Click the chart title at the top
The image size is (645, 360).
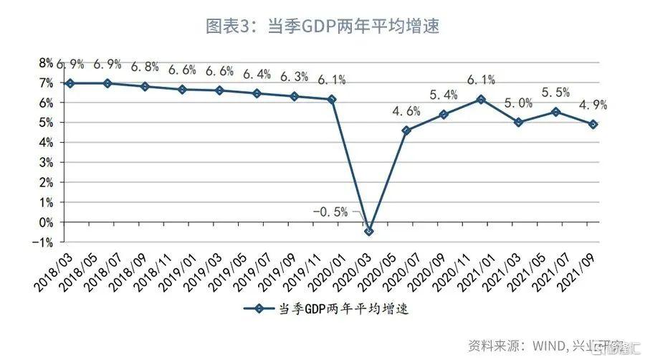tap(322, 27)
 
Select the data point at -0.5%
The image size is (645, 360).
tap(369, 231)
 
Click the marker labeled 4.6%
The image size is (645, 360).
tap(406, 131)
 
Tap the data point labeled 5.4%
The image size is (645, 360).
tap(444, 114)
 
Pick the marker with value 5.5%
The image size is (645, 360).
tap(556, 112)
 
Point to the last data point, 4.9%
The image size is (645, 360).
tap(593, 124)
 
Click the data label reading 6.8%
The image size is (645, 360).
tap(145, 67)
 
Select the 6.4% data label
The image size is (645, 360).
tap(257, 74)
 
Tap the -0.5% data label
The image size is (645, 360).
tap(330, 212)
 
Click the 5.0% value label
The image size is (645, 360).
tap(518, 103)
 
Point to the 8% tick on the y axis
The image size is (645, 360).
tap(46, 63)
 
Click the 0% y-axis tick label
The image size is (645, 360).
tap(46, 223)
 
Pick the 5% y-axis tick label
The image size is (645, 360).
tap(46, 123)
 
